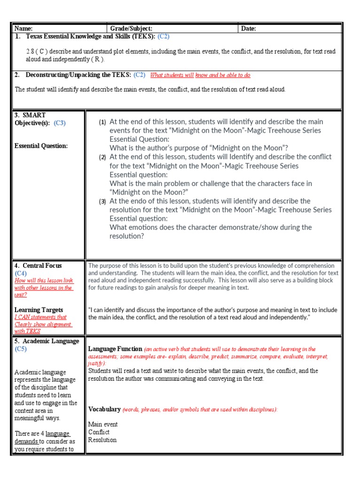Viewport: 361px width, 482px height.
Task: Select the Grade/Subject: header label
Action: tap(131, 29)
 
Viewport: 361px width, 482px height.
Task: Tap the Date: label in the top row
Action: tap(249, 29)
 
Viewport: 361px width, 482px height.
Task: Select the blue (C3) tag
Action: tap(60, 123)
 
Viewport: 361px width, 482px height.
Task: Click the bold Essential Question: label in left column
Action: tap(41, 146)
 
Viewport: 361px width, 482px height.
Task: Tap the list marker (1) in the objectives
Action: tap(102, 122)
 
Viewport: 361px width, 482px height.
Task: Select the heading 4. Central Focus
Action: tap(38, 266)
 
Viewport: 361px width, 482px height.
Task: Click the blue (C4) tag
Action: tap(21, 273)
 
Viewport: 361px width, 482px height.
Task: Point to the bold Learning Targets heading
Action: tap(39, 310)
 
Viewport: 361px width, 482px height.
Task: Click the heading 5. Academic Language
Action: tap(47, 341)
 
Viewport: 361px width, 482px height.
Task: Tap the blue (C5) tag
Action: tap(21, 349)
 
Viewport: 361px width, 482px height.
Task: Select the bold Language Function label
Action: tap(115, 349)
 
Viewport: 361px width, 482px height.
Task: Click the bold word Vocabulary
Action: tap(104, 410)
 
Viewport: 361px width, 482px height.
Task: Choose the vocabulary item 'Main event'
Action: tap(103, 425)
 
